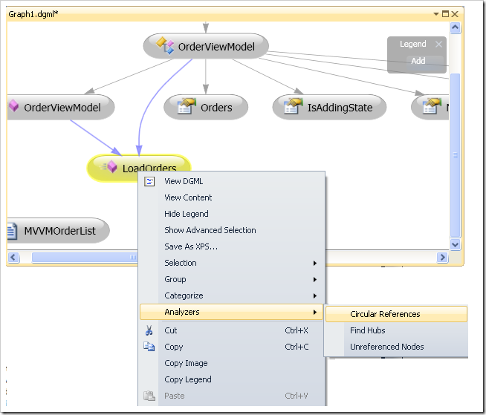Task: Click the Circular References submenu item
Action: click(x=385, y=314)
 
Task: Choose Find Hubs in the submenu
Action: click(x=368, y=330)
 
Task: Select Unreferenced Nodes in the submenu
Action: click(x=386, y=347)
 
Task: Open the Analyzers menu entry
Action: click(x=182, y=312)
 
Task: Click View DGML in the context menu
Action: click(x=184, y=181)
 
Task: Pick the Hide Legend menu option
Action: click(x=187, y=214)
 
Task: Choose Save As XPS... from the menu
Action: click(x=191, y=246)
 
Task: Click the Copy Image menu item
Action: click(x=186, y=363)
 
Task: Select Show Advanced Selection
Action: click(x=210, y=230)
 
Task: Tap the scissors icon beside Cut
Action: click(x=149, y=330)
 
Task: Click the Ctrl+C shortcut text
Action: click(x=297, y=347)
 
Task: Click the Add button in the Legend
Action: click(x=418, y=61)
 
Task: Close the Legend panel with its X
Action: click(x=438, y=44)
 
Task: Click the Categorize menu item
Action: click(x=184, y=295)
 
